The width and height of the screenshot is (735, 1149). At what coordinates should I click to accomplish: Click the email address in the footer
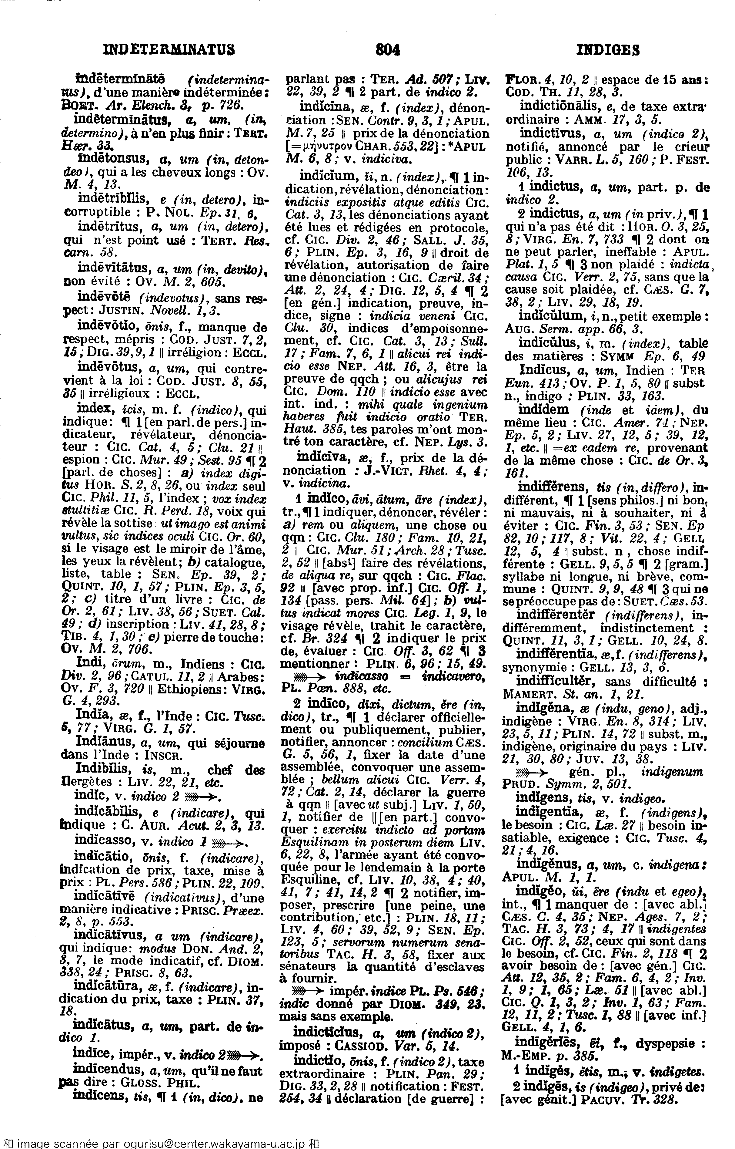208,1144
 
